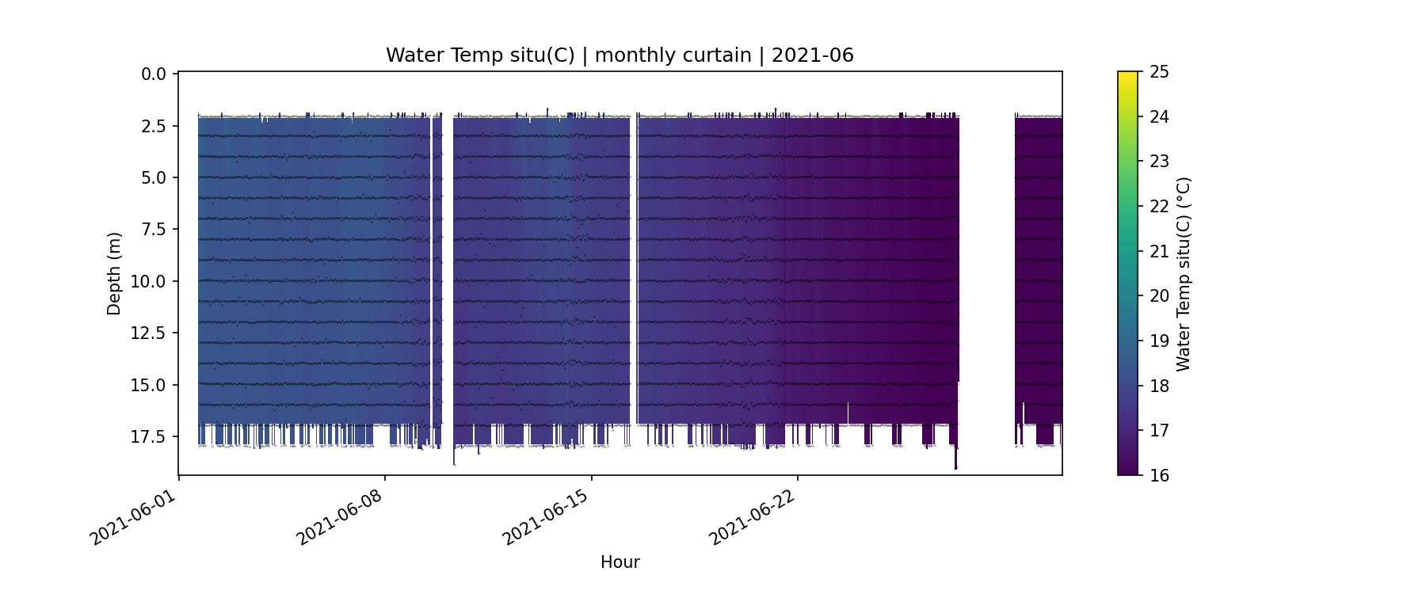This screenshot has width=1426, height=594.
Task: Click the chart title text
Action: click(x=620, y=55)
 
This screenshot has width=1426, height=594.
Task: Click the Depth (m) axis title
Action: click(x=114, y=273)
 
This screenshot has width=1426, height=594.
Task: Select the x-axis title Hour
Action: click(x=620, y=562)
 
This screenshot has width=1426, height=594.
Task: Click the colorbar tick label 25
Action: click(x=1159, y=72)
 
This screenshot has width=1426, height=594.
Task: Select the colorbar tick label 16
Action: click(x=1159, y=475)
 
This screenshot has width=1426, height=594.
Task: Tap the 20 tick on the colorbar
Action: click(x=1159, y=296)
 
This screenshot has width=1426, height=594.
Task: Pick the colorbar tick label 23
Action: click(x=1159, y=162)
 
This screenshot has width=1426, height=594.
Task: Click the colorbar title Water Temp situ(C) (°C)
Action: click(x=1184, y=273)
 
